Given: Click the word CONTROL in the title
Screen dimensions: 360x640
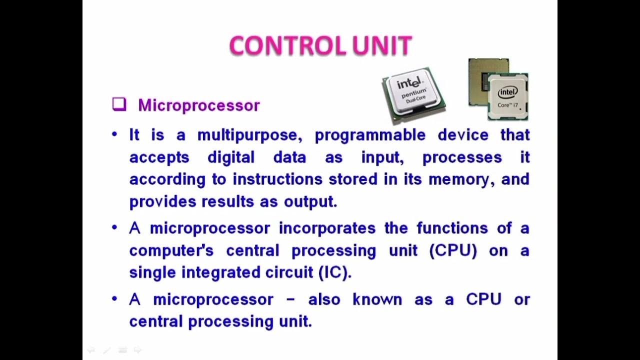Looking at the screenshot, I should (x=287, y=46).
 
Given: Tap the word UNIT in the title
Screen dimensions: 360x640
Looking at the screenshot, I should (x=381, y=46).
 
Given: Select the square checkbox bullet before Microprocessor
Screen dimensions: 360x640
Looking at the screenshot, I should (x=119, y=104).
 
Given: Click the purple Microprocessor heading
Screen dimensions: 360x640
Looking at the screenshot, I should (x=199, y=105).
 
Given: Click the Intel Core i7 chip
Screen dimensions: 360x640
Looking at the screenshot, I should (x=508, y=96).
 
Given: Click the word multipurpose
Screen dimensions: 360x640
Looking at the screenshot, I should (x=251, y=135).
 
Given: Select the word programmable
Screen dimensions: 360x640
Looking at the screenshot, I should (x=370, y=135).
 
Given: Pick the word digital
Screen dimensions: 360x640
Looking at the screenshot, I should (x=231, y=157).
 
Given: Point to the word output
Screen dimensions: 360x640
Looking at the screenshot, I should (x=310, y=201).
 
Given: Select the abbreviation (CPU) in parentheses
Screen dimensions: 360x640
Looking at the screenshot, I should (x=453, y=250).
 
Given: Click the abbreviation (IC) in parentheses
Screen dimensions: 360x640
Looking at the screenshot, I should (x=335, y=272).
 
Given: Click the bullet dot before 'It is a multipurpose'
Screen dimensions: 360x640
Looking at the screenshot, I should (x=115, y=134).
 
